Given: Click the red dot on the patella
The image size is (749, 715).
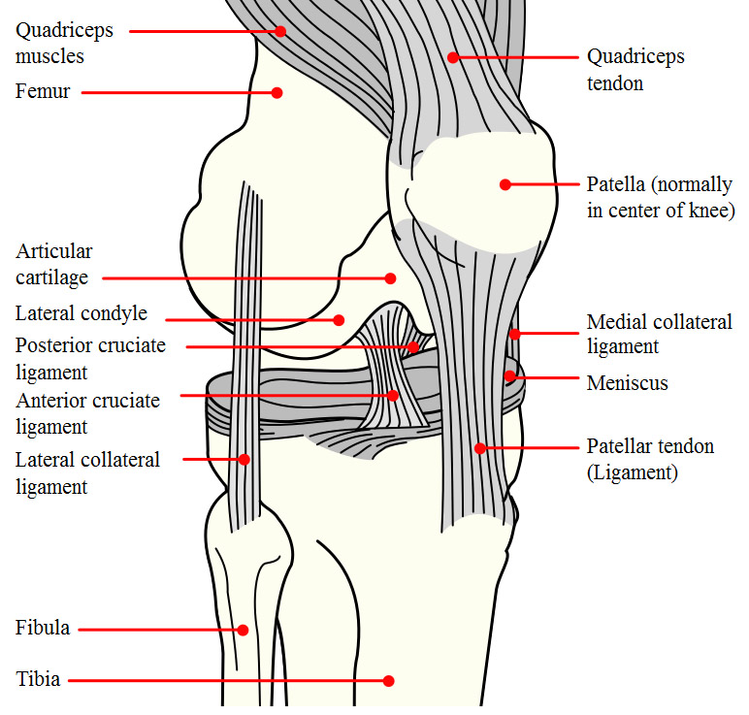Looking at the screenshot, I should pos(505,184).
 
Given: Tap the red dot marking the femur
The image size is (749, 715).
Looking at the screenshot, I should pos(277,93).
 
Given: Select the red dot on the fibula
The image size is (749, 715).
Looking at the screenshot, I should pos(243,630).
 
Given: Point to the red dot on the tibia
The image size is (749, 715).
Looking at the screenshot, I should pos(389,681).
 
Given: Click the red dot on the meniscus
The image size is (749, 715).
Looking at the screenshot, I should pos(508,375).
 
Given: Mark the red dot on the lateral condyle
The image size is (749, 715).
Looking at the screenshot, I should pos(339,319).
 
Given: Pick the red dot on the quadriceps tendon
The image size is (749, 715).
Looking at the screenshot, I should pos(452,57).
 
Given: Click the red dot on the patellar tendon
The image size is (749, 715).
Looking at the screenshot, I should pos(479,448).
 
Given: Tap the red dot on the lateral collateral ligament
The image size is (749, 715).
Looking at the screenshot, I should pos(244,459).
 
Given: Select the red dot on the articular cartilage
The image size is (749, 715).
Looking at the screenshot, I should pos(390,278).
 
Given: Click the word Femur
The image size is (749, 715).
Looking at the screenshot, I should pos(43,93).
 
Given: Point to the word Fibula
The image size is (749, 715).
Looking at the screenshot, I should pos(43,629).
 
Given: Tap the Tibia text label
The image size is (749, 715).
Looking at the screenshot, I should pos(38,680).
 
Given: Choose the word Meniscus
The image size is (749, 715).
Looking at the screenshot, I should pos(627,383).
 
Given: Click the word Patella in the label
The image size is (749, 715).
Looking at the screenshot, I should pos(616,184).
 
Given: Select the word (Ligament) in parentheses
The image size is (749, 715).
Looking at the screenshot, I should pos(633,472).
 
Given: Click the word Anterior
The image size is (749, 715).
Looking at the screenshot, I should pos(54,400).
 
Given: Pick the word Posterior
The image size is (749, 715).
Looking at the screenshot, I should pos(56,345).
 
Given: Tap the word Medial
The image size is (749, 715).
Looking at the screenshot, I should pos(617,322).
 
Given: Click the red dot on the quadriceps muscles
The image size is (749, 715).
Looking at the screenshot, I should pos(280,31).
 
